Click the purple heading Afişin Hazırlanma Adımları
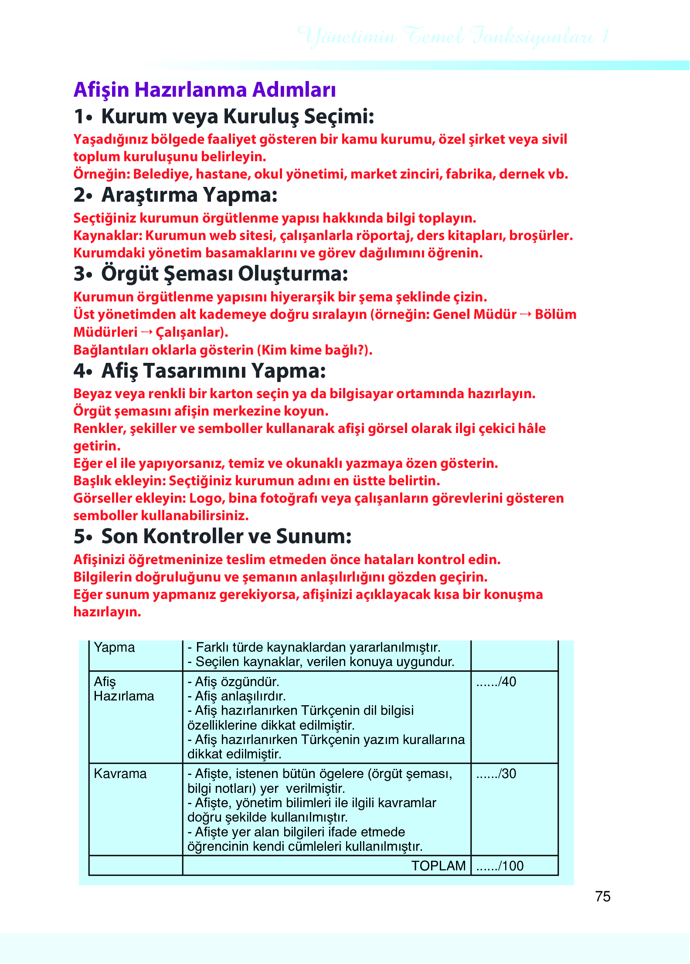click(x=204, y=90)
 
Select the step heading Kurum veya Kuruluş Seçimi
click(x=238, y=117)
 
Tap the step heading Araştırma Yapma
click(x=189, y=195)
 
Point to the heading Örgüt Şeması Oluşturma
click(x=224, y=274)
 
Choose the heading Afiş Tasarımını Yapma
click(x=214, y=371)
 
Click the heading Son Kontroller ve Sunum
click(x=226, y=537)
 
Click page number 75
click(x=602, y=896)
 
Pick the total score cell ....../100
click(x=500, y=866)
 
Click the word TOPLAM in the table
click(x=438, y=866)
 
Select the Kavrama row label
click(x=120, y=774)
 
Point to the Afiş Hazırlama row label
click(x=124, y=689)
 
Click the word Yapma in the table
click(x=114, y=647)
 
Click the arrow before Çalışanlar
click(x=147, y=332)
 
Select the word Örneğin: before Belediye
click(x=101, y=174)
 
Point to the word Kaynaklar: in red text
click(x=108, y=236)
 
